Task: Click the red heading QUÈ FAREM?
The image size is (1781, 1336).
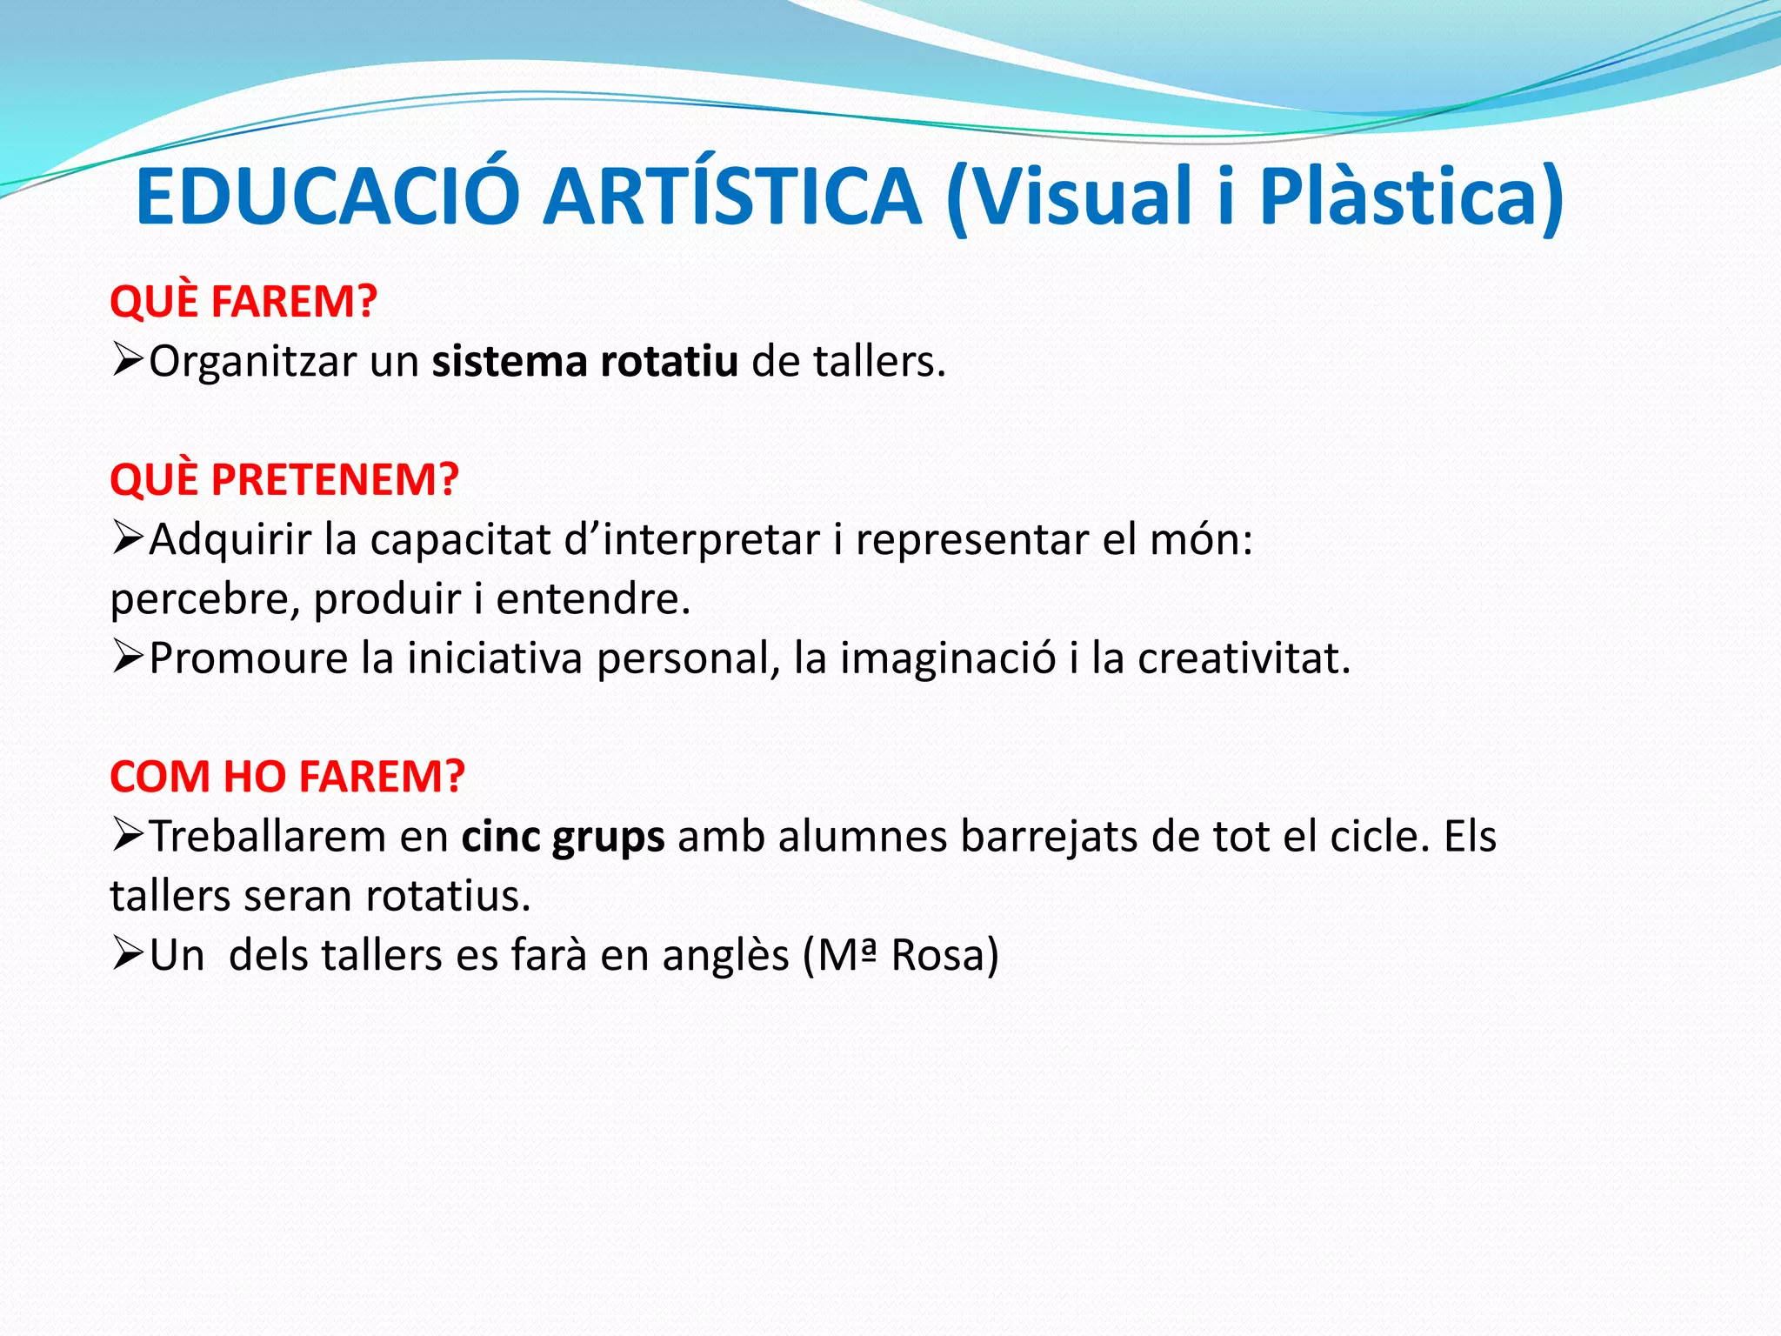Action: click(x=243, y=302)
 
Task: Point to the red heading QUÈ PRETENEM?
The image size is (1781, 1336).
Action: click(x=284, y=479)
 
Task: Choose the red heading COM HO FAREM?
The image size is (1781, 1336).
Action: click(x=288, y=777)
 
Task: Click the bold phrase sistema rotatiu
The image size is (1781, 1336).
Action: click(x=585, y=361)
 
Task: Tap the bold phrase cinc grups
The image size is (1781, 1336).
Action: click(x=563, y=837)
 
